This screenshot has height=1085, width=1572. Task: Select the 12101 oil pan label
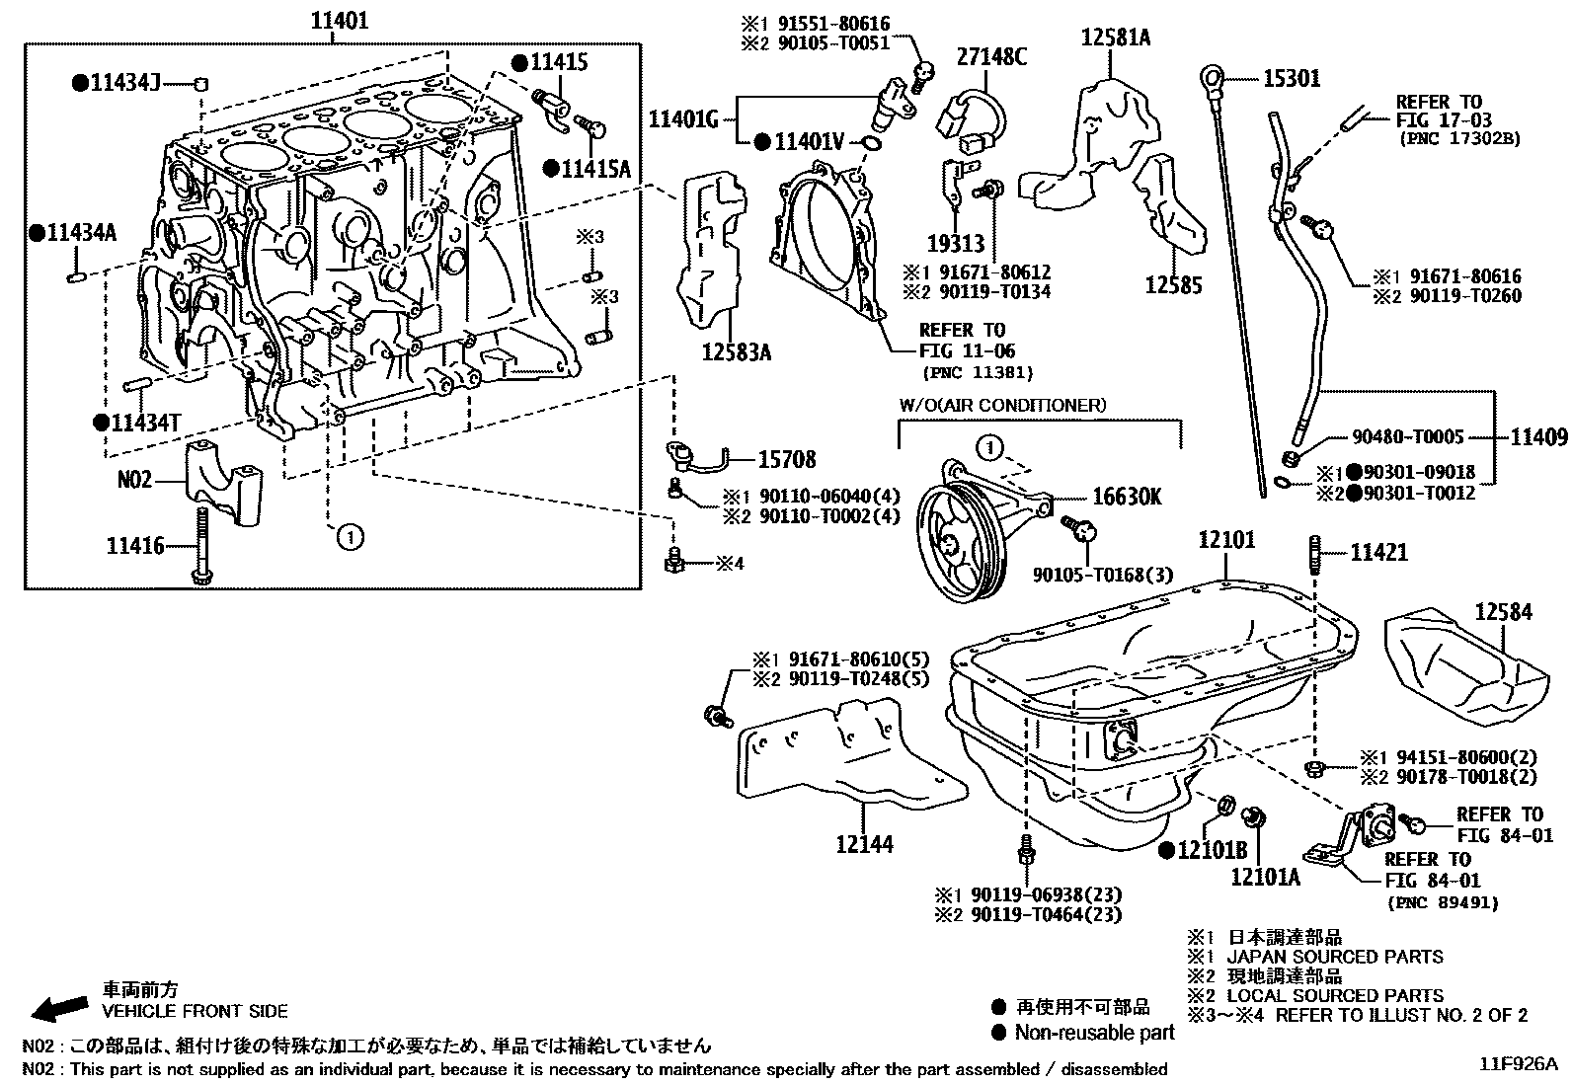click(1226, 539)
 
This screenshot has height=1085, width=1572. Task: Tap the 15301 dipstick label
click(1292, 78)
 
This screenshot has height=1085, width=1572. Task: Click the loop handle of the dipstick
click(1213, 77)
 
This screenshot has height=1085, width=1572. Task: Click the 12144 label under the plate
click(864, 843)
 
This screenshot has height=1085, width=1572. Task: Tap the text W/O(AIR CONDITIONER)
click(1002, 405)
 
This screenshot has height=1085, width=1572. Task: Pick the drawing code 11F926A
click(1519, 1064)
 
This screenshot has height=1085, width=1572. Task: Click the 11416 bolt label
click(135, 545)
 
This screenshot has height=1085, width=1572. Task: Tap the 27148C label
click(990, 57)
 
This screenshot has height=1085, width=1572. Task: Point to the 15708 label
click(787, 459)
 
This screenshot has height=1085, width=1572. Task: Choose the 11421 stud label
click(1378, 553)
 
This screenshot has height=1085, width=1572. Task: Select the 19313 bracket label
click(955, 241)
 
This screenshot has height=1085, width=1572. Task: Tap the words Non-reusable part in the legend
click(1096, 1033)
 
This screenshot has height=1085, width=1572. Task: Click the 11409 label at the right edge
click(1538, 435)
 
